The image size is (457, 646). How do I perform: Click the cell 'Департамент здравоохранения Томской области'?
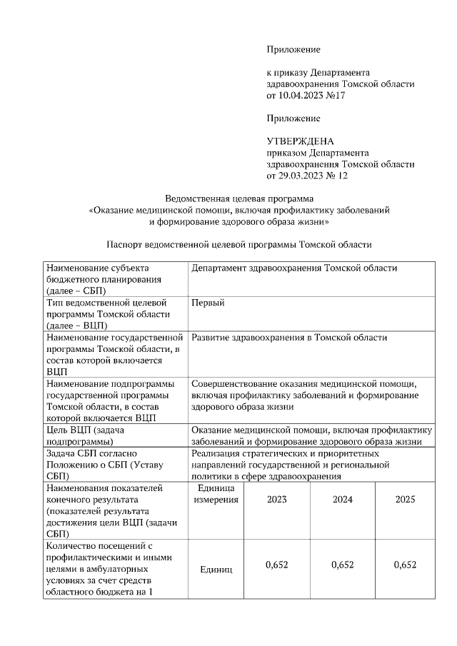pos(294,268)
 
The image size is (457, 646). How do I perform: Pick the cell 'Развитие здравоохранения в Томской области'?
pos(289,338)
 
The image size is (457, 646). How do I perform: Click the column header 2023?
pos(277,499)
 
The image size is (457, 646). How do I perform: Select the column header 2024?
pos(343,499)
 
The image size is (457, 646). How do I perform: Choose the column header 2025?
pos(405,499)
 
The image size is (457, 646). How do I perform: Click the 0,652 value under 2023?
pos(277,565)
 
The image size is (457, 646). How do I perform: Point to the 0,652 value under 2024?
pos(343,565)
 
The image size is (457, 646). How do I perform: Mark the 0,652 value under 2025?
pos(405,565)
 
